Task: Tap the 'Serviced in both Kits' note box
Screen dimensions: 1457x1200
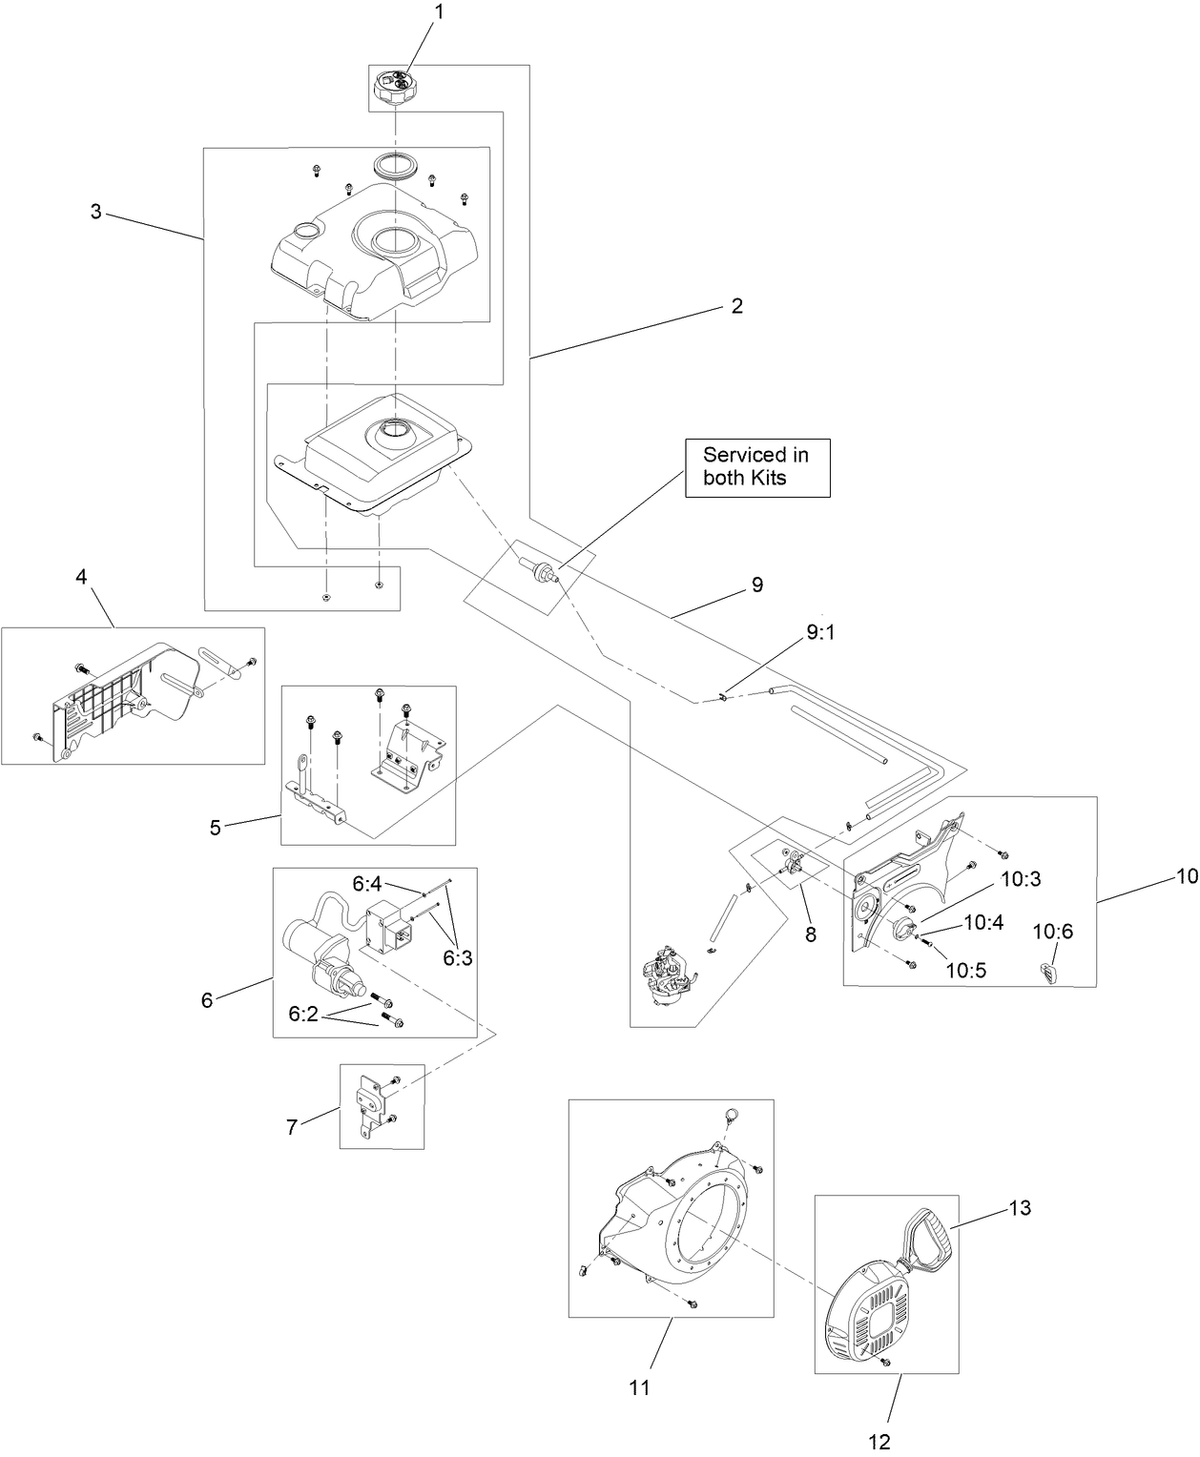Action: tap(757, 467)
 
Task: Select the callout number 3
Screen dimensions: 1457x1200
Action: tap(95, 212)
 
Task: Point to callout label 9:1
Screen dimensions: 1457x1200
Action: tap(820, 632)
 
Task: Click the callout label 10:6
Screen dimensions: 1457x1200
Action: tap(1053, 932)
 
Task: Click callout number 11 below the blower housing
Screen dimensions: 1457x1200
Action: tap(639, 1386)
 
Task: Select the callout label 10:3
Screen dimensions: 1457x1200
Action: tap(1021, 879)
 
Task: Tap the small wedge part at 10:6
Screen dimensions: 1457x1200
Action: tap(1049, 974)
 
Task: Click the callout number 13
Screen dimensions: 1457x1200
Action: tap(1020, 1208)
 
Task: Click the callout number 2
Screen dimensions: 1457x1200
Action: tap(736, 306)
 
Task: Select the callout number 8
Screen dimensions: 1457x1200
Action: tap(811, 934)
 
